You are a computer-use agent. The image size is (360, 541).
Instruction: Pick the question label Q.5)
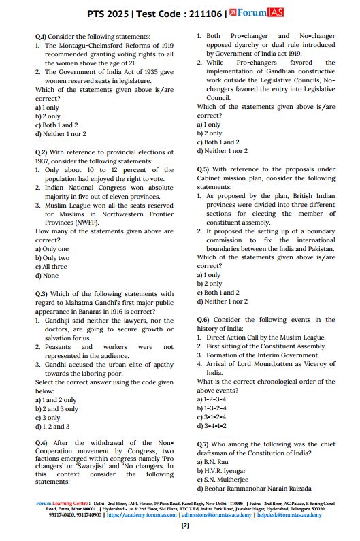point(203,169)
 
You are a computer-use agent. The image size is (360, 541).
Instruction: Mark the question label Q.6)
point(203,320)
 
